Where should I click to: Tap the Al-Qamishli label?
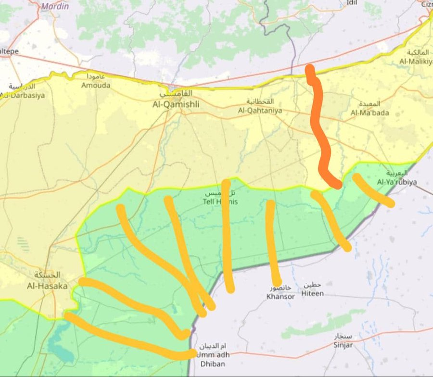176,104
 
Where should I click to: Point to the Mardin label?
55,6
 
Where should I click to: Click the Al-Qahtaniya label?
260,110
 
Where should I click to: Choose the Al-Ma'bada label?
369,113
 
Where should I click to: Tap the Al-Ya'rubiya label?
396,182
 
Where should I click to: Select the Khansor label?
280,296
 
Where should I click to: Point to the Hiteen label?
312,293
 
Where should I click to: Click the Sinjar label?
343,345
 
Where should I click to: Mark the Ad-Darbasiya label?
22,95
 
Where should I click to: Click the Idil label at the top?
352,3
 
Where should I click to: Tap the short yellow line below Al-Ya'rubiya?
373,191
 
